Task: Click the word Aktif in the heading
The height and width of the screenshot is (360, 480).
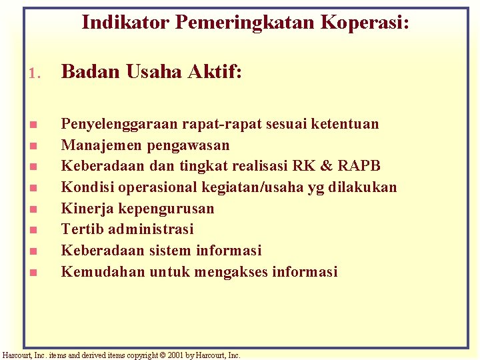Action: (x=215, y=71)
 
